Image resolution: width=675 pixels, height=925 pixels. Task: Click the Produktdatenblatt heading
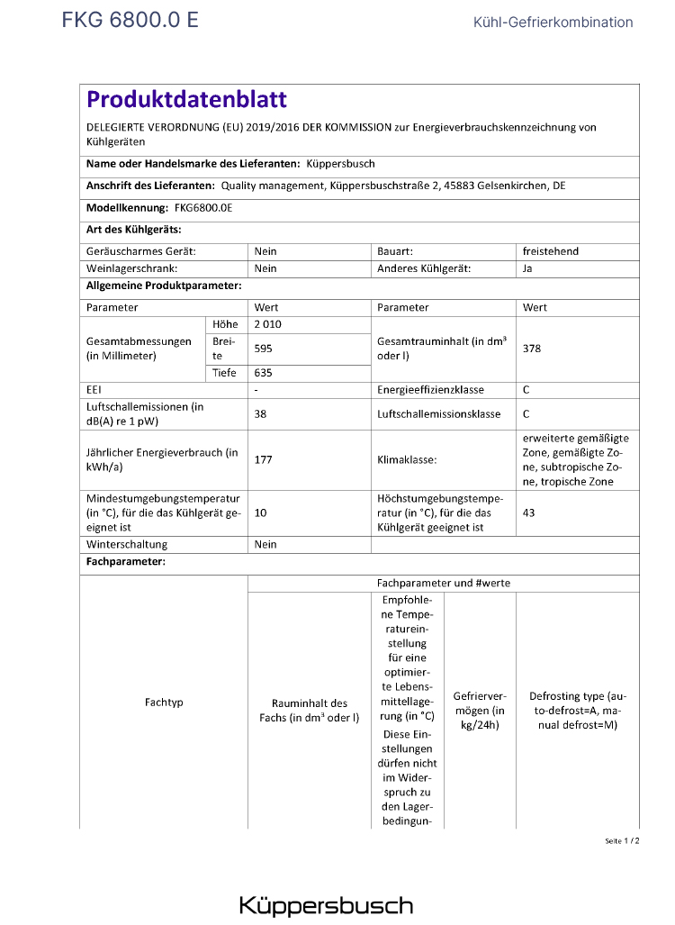point(186,100)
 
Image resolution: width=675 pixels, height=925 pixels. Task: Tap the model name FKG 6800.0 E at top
point(130,21)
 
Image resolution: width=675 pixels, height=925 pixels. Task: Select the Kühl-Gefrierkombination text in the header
point(553,23)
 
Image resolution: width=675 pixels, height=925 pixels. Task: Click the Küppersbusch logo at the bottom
point(326,905)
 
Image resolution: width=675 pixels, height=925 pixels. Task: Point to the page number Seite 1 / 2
point(622,840)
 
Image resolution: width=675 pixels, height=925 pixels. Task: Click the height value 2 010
point(268,324)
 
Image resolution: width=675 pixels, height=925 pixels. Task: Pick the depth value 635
point(264,372)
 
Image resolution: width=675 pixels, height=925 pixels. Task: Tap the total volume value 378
point(532,348)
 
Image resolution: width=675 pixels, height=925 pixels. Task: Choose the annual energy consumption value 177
point(264,459)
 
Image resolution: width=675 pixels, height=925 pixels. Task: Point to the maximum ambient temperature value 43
point(529,512)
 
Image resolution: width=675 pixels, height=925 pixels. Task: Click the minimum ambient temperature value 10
point(261,512)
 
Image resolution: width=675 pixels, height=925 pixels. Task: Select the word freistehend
point(551,251)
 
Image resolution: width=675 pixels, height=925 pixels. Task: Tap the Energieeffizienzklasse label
point(430,390)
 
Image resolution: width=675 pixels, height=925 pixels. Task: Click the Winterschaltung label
point(127,544)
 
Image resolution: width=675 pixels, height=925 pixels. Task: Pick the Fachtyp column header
point(164,702)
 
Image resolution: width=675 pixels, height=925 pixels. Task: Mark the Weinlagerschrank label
point(131,268)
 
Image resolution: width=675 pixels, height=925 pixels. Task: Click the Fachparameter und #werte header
point(444,583)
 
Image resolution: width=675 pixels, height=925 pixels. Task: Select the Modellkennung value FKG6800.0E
point(203,208)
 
